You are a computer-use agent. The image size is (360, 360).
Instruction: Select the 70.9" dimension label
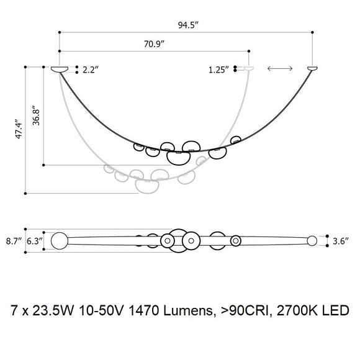pos(155,45)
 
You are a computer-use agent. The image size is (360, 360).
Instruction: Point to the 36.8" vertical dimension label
pos(37,115)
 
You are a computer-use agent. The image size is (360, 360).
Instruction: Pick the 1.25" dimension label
pos(219,70)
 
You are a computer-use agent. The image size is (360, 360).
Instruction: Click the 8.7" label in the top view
pos(14,240)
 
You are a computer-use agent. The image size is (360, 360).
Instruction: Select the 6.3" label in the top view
pos(35,240)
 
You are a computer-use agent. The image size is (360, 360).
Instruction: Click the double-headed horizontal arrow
pos(280,70)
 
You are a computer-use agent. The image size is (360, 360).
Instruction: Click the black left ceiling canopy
pos(60,68)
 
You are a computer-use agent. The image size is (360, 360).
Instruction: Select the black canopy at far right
pos(313,68)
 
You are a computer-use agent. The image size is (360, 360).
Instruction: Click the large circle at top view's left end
pos(59,240)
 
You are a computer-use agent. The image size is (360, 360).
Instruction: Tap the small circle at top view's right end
pos(312,240)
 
